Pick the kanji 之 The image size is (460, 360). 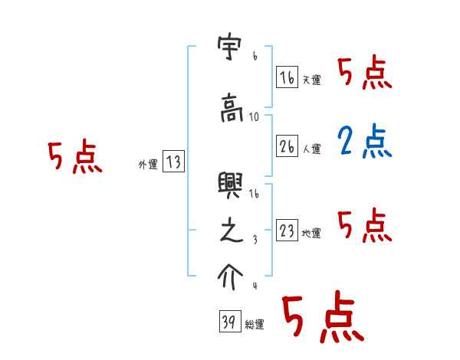click(231, 231)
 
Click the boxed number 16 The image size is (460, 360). click(287, 77)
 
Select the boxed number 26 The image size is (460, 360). click(287, 146)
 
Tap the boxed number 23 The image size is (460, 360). click(287, 231)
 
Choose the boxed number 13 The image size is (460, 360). click(174, 162)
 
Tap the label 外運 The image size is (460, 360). click(147, 164)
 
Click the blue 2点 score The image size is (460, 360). click(364, 142)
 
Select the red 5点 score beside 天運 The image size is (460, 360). click(364, 74)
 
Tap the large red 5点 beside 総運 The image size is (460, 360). click(321, 319)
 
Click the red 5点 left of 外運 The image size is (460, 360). click(74, 158)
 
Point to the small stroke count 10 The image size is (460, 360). click(255, 117)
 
